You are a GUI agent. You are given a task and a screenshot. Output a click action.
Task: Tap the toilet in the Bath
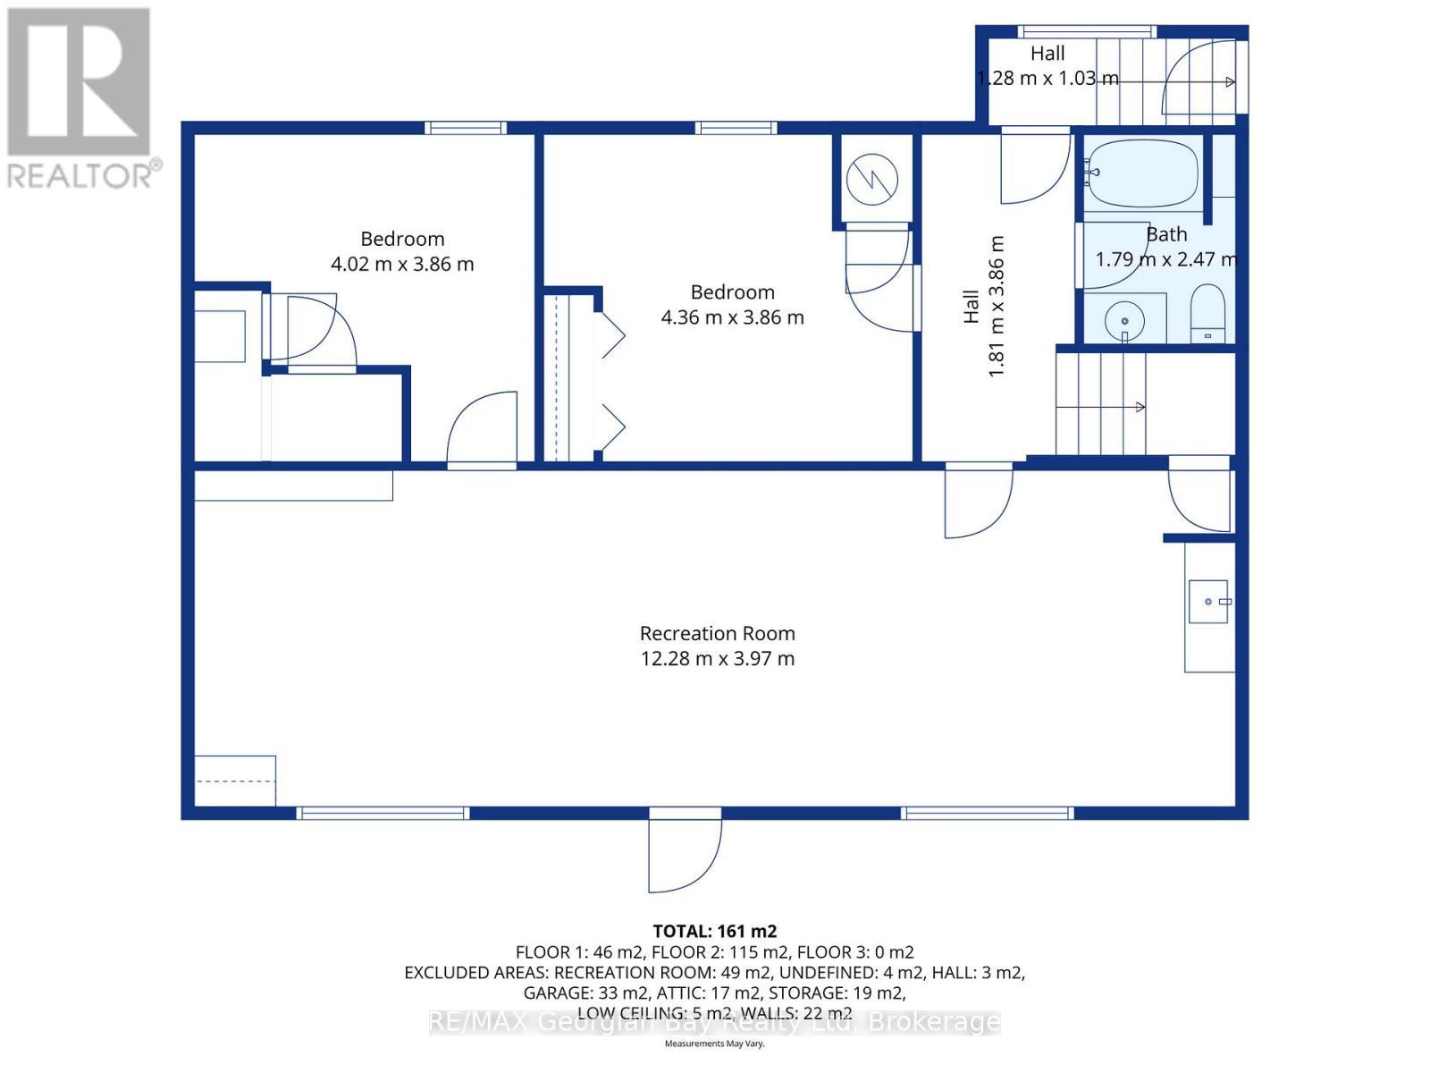point(1207,313)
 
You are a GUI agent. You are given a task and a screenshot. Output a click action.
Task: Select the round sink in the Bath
point(1124,320)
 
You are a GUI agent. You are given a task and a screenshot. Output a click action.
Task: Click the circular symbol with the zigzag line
point(871,179)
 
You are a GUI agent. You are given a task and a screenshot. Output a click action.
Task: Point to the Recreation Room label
point(718,633)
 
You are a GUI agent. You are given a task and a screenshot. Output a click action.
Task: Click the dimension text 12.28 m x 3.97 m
point(718,658)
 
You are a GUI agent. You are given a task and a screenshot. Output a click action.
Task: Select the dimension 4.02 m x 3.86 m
point(402,264)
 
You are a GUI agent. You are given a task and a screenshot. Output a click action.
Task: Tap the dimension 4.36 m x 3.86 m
point(732,317)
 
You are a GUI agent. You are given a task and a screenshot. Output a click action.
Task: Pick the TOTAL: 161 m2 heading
point(715,931)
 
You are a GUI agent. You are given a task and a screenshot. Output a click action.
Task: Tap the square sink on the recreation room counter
point(1208,601)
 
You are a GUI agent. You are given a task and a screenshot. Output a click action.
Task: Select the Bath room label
point(1165,234)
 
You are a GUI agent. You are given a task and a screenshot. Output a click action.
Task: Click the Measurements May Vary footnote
point(714,1043)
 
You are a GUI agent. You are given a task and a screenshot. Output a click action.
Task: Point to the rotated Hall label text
point(971,306)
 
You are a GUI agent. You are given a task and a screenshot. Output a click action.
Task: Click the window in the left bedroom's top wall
point(465,128)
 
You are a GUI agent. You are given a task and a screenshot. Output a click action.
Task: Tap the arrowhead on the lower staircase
point(1140,407)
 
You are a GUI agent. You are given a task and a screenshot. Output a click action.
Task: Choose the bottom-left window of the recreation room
point(383,813)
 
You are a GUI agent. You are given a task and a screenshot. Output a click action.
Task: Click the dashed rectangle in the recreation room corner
point(235,781)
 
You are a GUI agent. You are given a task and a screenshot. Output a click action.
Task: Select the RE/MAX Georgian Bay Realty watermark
point(715,1022)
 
